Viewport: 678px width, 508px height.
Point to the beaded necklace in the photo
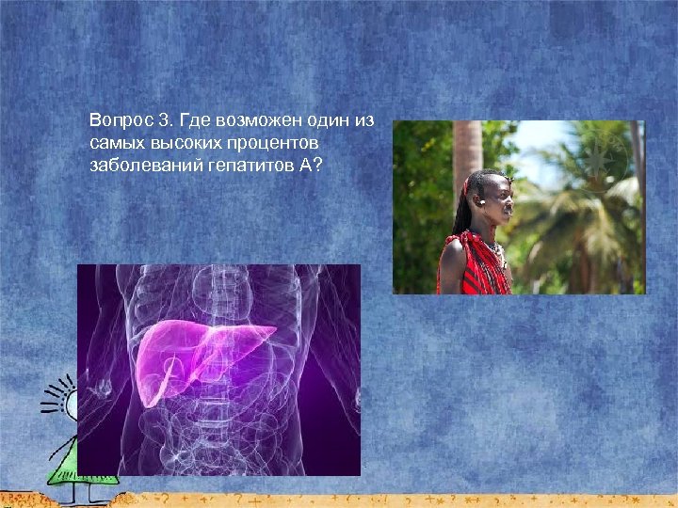496,252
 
